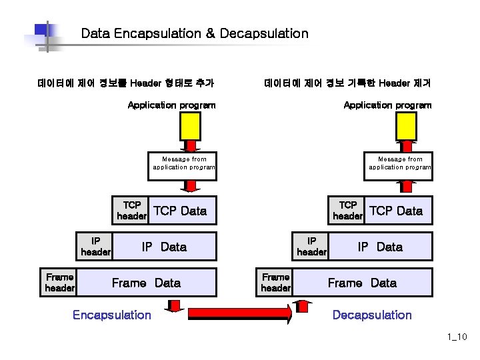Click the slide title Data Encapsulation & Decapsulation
(x=194, y=33)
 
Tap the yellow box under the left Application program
(x=190, y=125)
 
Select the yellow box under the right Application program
(x=406, y=125)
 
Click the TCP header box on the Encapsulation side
(x=131, y=211)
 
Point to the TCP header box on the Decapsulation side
(x=347, y=211)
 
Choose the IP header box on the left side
(x=95, y=247)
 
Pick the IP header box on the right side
(x=311, y=247)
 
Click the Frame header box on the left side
(x=59, y=283)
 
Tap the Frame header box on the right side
(x=275, y=283)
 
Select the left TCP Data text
(x=180, y=211)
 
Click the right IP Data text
(x=380, y=247)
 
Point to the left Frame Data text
(x=146, y=283)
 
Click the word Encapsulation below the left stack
(x=111, y=315)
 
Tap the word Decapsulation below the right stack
(x=372, y=315)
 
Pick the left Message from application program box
(x=183, y=163)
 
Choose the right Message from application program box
(x=399, y=163)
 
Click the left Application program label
(x=171, y=105)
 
